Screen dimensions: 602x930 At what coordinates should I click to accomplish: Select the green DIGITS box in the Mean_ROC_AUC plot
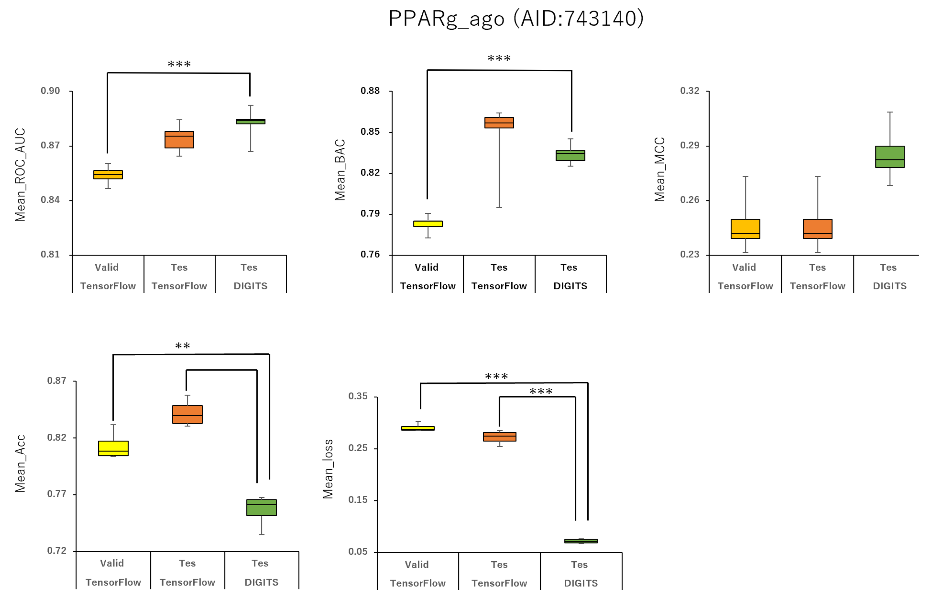tap(250, 121)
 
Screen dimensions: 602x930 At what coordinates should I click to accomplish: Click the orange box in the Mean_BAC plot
tap(499, 123)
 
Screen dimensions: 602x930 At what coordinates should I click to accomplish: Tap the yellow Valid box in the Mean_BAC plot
tap(428, 224)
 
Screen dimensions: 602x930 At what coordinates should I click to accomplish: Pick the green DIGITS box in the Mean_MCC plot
tap(890, 157)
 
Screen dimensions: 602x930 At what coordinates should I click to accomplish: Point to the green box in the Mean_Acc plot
tap(261, 508)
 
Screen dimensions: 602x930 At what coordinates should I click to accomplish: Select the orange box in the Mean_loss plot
tap(499, 437)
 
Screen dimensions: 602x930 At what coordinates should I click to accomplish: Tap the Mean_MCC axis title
tap(660, 169)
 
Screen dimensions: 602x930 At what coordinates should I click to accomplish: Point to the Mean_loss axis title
tap(328, 469)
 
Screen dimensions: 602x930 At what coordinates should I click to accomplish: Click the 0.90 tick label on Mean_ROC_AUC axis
tap(50, 91)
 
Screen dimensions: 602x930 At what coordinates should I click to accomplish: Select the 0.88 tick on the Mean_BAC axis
tap(370, 91)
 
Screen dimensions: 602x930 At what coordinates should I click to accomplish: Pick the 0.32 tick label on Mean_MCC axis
tap(690, 91)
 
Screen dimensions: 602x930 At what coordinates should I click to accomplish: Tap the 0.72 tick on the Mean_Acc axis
tap(57, 551)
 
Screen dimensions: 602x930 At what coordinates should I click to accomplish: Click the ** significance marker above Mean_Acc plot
tap(182, 346)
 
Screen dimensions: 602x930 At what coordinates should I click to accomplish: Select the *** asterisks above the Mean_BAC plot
tap(499, 59)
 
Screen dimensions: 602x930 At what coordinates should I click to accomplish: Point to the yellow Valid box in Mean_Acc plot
tap(113, 448)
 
